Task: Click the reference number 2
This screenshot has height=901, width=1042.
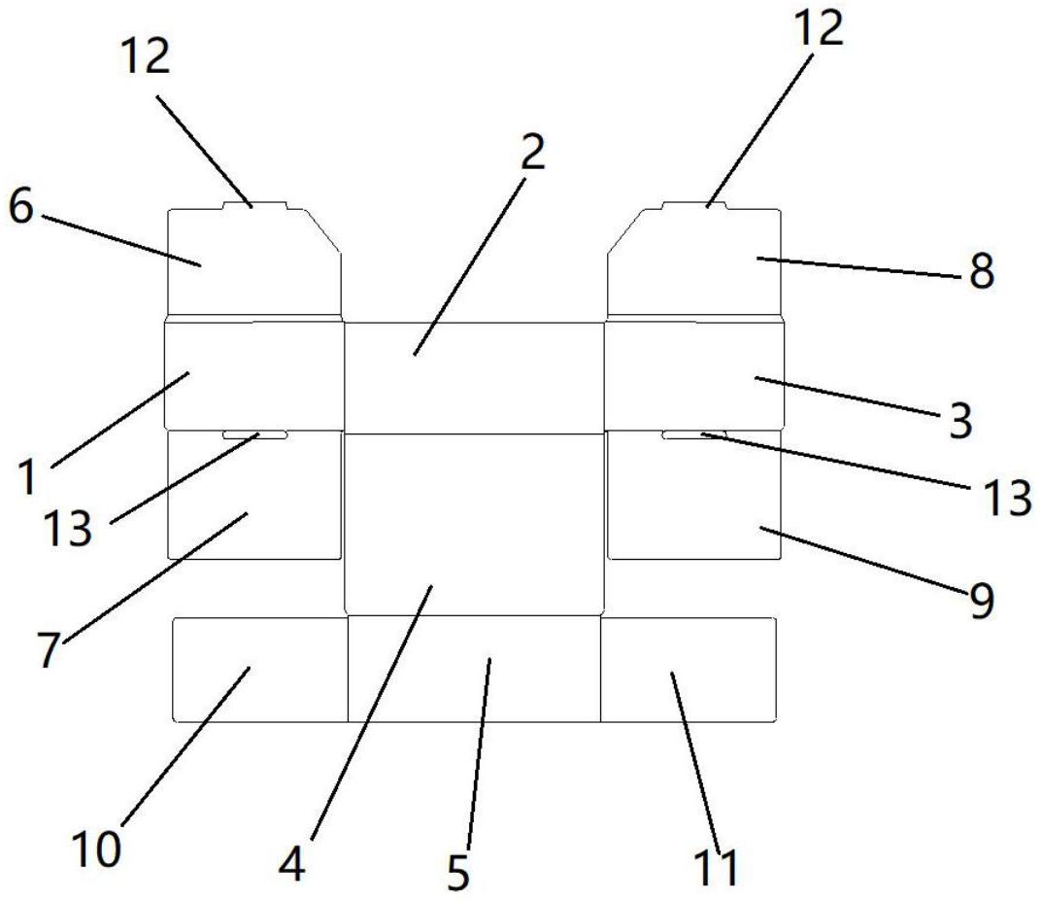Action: click(533, 153)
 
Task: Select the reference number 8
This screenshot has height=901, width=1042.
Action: click(982, 270)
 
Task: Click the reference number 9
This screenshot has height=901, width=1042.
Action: click(982, 601)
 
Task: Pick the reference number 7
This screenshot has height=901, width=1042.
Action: click(49, 649)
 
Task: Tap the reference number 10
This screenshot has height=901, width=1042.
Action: click(96, 849)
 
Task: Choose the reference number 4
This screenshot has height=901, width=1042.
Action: click(291, 865)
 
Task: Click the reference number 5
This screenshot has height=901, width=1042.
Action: click(458, 872)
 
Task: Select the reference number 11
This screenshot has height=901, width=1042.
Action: click(716, 867)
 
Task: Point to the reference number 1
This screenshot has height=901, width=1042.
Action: click(26, 477)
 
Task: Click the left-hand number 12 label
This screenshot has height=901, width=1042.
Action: click(146, 55)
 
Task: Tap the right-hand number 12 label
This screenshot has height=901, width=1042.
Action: click(819, 28)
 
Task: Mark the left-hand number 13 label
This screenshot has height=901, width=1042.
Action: click(67, 529)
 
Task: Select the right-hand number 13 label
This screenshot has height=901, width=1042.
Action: click(1007, 498)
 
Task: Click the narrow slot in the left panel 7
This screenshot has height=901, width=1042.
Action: click(255, 434)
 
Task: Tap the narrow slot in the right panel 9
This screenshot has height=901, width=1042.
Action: click(694, 434)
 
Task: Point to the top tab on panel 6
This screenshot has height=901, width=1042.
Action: click(255, 205)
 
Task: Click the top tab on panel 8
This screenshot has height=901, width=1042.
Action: click(694, 205)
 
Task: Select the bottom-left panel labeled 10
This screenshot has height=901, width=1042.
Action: click(260, 670)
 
